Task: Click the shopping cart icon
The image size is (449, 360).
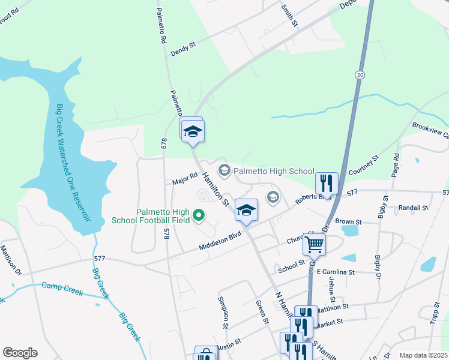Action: click(x=314, y=244)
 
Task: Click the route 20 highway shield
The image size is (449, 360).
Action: click(x=359, y=74)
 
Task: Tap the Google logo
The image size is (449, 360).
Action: click(x=20, y=353)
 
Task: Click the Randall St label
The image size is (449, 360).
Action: click(x=413, y=208)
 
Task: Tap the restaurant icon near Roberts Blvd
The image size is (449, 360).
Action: click(x=327, y=182)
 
